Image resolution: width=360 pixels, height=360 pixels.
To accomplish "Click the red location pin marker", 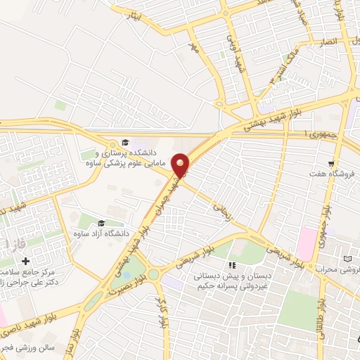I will (181, 165).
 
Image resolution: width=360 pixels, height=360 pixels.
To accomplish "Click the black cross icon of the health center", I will (26, 262).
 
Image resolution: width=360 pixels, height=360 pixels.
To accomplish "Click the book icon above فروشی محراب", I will (347, 259).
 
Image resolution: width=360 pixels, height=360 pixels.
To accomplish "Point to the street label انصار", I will (328, 43).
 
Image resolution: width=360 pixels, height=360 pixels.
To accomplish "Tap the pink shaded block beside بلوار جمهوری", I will (307, 243).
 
